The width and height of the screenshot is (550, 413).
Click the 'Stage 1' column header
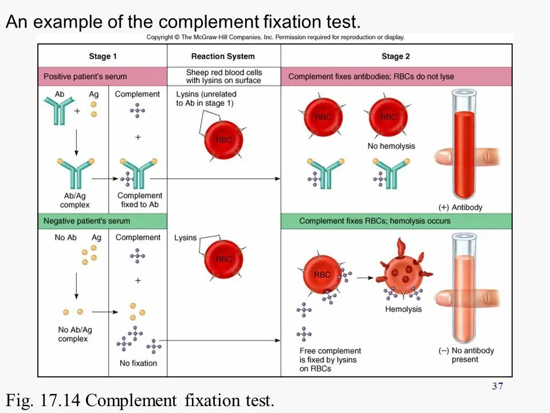(103, 56)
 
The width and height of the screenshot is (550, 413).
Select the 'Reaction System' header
(223, 56)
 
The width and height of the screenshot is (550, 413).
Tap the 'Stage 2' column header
(395, 56)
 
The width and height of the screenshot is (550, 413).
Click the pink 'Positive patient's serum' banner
(85, 76)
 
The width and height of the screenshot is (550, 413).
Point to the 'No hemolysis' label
(391, 146)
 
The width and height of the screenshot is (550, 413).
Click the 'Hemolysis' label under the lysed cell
(403, 309)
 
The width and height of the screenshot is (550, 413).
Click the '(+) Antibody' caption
(461, 207)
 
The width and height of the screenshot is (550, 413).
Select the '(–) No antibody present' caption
(465, 355)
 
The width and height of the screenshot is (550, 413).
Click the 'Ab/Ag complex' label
(74, 200)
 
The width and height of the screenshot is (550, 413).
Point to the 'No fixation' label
(138, 363)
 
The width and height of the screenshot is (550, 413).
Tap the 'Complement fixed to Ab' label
(139, 200)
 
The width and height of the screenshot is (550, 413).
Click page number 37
(497, 386)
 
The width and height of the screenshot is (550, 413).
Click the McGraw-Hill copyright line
(275, 37)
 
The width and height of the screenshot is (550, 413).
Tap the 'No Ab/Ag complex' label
(73, 334)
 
